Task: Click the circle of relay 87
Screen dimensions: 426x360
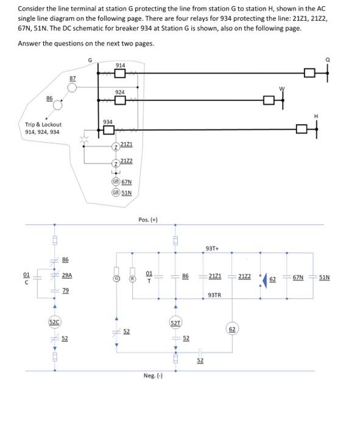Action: click(x=72, y=87)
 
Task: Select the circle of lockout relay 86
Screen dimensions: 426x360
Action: click(x=59, y=105)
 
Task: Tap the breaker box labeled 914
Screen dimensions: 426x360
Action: click(x=121, y=74)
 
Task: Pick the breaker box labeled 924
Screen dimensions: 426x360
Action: click(x=121, y=101)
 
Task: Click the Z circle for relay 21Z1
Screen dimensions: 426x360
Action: click(x=115, y=148)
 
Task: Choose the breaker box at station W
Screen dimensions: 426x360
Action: click(x=269, y=101)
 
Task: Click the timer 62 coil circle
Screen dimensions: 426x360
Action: click(x=231, y=329)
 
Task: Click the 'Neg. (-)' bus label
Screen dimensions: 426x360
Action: click(x=153, y=375)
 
